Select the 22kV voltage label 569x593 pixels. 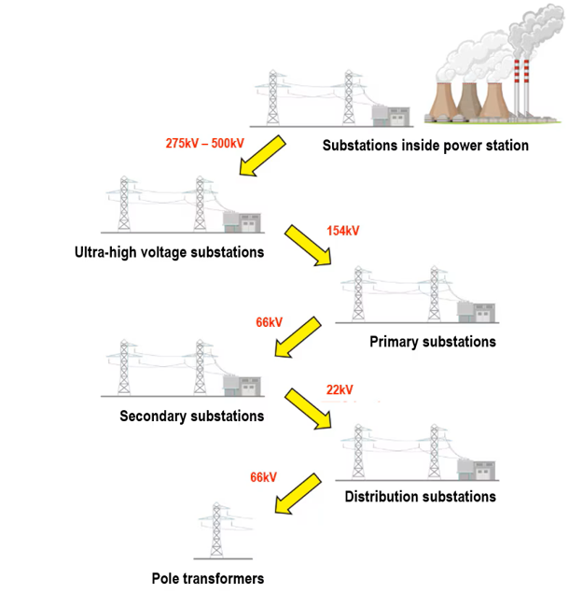coord(340,389)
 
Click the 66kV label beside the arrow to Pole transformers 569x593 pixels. coord(263,477)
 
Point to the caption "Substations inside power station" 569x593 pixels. coord(425,146)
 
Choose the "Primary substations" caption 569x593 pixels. coord(433,342)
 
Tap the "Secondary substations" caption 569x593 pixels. coord(192,416)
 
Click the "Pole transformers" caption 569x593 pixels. coord(208,578)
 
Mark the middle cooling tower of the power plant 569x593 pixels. coord(467,99)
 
